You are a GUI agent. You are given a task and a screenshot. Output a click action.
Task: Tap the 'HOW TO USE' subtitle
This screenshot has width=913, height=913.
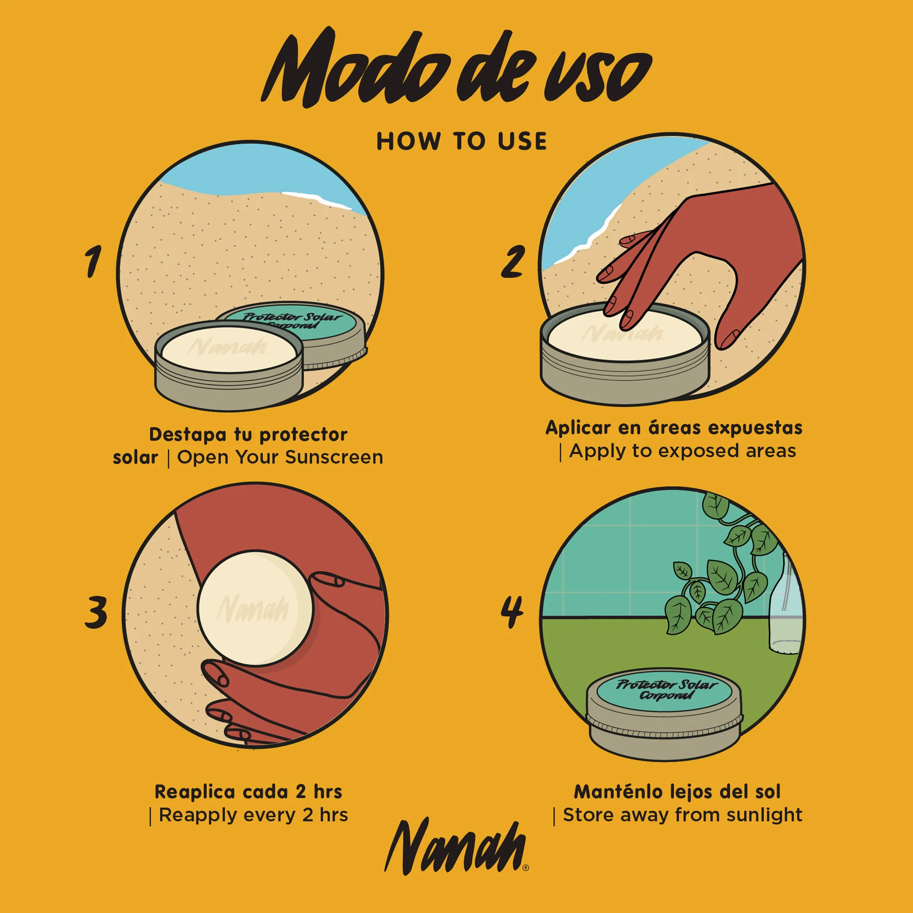[x=461, y=142]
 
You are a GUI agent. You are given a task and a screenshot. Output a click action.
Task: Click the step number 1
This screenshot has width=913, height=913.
[x=93, y=261]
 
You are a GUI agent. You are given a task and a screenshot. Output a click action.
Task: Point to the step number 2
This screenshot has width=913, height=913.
[x=513, y=261]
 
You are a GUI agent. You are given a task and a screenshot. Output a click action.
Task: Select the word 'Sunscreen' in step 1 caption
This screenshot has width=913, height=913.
[x=334, y=457]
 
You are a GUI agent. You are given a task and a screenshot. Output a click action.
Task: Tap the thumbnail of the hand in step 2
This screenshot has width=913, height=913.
[x=731, y=336]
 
